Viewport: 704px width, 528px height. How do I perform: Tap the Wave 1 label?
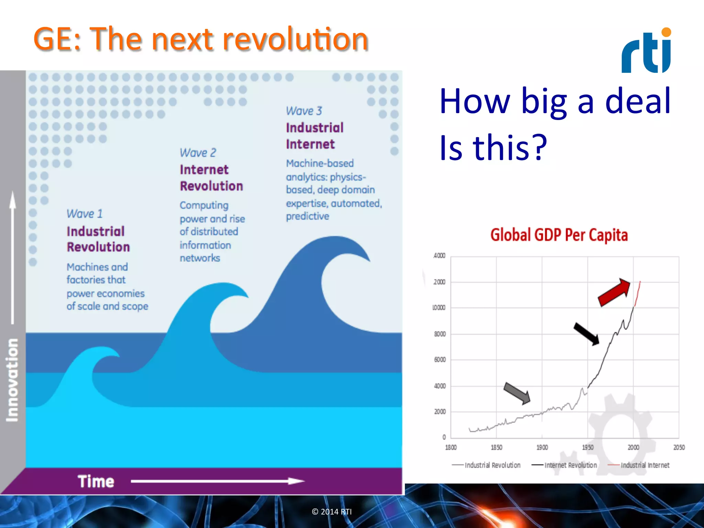pyautogui.click(x=85, y=214)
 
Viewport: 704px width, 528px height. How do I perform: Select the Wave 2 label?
pyautogui.click(x=198, y=153)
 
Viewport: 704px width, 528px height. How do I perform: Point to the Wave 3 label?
pyautogui.click(x=304, y=111)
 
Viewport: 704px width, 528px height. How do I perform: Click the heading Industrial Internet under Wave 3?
pyautogui.click(x=315, y=136)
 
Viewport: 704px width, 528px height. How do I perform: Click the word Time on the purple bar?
pyautogui.click(x=96, y=481)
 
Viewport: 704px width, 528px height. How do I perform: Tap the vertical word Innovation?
pyautogui.click(x=12, y=380)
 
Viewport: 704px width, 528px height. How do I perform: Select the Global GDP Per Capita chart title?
pyautogui.click(x=559, y=235)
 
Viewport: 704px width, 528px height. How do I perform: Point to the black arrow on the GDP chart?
pyautogui.click(x=586, y=333)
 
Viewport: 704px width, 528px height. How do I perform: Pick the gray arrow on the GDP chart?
pyautogui.click(x=517, y=393)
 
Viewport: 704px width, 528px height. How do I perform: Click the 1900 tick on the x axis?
pyautogui.click(x=542, y=447)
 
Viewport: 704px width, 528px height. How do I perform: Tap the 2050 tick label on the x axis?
pyautogui.click(x=679, y=447)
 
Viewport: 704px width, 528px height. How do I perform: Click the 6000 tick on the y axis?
pyautogui.click(x=440, y=360)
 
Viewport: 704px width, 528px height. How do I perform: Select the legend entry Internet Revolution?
pyautogui.click(x=570, y=465)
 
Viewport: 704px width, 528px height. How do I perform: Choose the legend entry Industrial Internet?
pyautogui.click(x=645, y=465)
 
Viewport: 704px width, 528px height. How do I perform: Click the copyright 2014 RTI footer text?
pyautogui.click(x=332, y=511)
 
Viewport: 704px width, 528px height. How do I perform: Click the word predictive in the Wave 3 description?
pyautogui.click(x=308, y=216)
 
